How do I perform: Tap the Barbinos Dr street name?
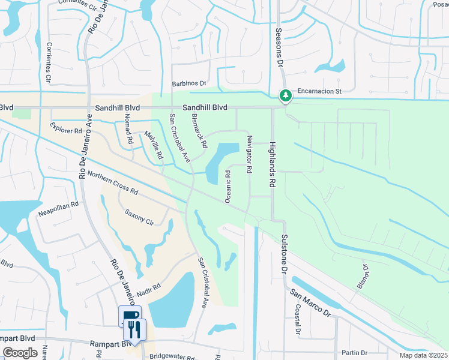[189, 84]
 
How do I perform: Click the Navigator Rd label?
[248, 155]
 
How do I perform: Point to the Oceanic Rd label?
[228, 187]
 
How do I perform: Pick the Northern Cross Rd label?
[113, 183]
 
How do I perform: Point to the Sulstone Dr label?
[283, 254]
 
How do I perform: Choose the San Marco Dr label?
[310, 303]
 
